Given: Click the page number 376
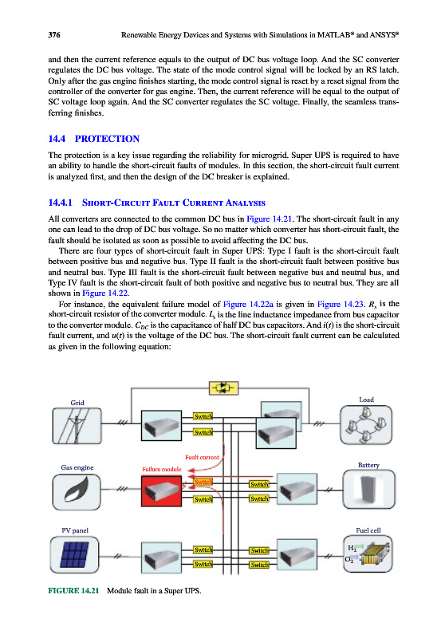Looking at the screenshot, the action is tap(54, 35).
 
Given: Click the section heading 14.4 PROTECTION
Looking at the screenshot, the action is tap(93, 139).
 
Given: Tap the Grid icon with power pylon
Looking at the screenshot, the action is tap(77, 426).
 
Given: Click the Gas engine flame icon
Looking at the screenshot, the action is tap(77, 492).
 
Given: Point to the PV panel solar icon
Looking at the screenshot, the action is tap(74, 554).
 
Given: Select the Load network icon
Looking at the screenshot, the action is tap(366, 425).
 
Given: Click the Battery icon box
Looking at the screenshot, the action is tap(369, 490).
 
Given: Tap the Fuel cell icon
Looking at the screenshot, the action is tap(368, 554).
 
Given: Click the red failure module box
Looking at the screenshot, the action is tap(161, 490).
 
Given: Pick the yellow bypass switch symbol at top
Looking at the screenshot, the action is tap(223, 388).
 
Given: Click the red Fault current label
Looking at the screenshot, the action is tap(202, 457).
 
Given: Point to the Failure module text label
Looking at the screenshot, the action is tap(162, 469).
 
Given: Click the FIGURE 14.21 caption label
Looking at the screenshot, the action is tap(73, 590).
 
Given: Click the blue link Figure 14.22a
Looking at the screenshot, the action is tap(248, 304).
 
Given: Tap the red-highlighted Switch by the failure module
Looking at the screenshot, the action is tap(203, 482).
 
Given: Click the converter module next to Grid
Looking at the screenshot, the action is tap(161, 425).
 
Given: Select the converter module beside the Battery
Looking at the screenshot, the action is tap(297, 489).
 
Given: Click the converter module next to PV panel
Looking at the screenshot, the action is tap(161, 557).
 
